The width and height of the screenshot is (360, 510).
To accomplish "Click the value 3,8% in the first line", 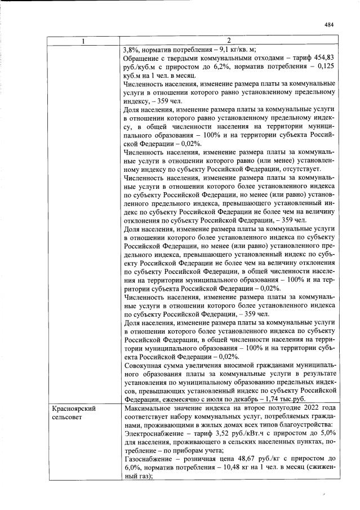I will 131,49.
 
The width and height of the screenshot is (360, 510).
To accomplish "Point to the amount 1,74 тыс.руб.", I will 288,398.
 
